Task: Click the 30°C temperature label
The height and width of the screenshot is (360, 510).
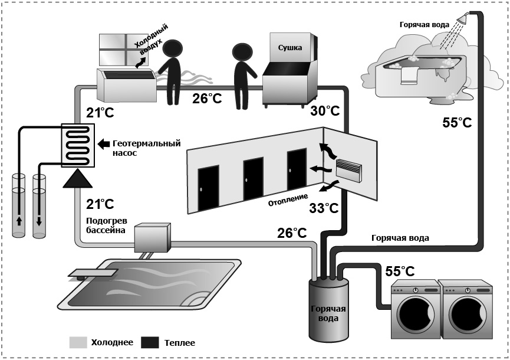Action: point(325,111)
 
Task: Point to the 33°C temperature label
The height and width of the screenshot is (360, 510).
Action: point(324,208)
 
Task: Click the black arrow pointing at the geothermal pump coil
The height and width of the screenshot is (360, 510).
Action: point(103,143)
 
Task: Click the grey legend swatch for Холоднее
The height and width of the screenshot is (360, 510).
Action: point(78,342)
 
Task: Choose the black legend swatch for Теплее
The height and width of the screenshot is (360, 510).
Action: point(150,342)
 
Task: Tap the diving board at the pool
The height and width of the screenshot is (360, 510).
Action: point(92,273)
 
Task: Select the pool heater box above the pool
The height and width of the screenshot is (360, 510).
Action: point(152,238)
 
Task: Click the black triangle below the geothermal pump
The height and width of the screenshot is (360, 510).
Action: point(77,179)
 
